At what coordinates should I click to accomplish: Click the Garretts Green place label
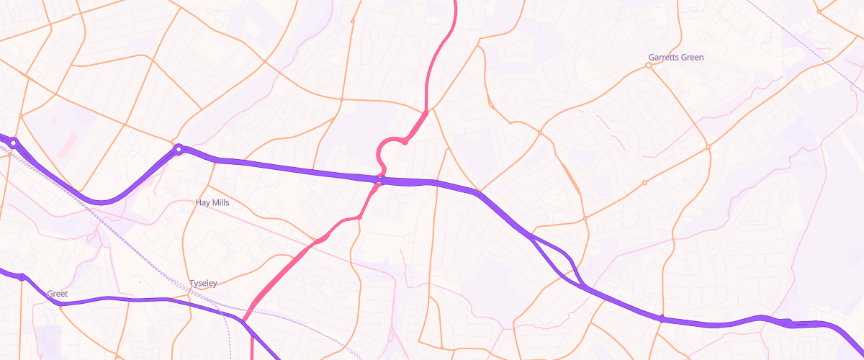click(675, 57)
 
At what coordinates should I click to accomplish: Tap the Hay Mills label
click(212, 203)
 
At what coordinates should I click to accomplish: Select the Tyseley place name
click(202, 284)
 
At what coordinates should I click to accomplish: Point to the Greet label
click(57, 294)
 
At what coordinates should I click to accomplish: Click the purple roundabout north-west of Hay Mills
click(179, 150)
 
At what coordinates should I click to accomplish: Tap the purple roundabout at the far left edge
click(13, 143)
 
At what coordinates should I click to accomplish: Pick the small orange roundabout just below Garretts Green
click(648, 66)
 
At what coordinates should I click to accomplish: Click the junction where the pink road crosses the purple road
click(381, 179)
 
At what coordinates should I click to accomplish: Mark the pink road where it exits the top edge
click(455, 3)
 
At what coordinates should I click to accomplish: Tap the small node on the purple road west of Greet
click(22, 276)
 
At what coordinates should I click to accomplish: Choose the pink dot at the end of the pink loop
click(405, 142)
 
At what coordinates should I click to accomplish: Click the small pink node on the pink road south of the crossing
click(359, 217)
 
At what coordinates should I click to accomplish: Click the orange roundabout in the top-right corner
click(819, 11)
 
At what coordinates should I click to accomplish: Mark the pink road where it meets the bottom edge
click(252, 356)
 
